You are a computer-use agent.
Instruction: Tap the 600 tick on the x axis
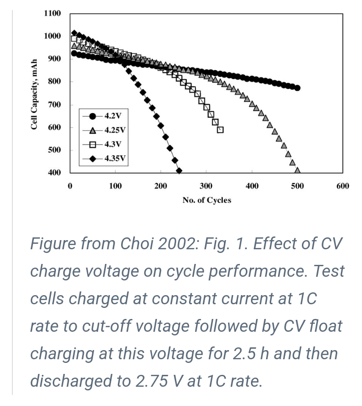342,186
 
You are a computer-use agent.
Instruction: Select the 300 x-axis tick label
206,186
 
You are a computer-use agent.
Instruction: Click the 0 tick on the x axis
70,186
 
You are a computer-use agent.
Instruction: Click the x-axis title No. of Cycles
206,200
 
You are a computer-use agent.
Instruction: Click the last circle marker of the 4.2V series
297,88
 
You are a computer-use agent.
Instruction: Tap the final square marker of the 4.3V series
220,130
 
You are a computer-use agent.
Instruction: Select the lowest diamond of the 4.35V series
179,171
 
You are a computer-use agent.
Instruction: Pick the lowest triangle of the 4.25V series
297,170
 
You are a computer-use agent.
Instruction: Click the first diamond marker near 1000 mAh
74,33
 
